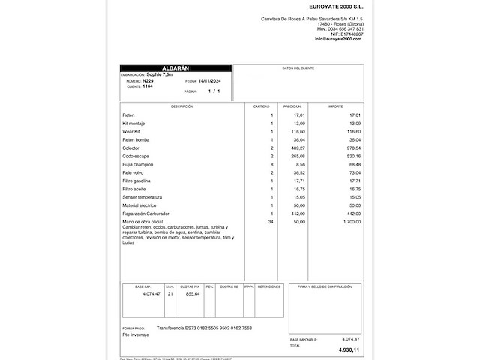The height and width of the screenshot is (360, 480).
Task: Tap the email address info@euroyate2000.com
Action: coord(339,39)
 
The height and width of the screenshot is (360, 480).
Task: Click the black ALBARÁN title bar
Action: coord(175,67)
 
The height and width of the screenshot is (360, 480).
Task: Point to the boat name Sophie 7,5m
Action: coord(159,74)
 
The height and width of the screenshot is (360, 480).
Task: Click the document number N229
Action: coord(147,80)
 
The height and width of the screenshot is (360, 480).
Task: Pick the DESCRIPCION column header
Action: coord(181,106)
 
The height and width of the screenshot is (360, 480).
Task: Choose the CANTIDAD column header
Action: coord(261,106)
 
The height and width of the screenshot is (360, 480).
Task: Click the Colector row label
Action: coord(131,148)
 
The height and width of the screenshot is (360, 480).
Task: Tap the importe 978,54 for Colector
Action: coord(352,148)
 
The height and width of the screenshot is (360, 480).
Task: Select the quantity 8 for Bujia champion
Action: coord(271,164)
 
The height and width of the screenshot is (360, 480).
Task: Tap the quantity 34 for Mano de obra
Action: coord(270,222)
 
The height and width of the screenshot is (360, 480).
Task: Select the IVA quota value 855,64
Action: coord(191,294)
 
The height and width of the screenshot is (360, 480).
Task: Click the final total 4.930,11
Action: coord(347,350)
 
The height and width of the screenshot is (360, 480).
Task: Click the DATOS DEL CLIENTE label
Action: coord(298,68)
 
